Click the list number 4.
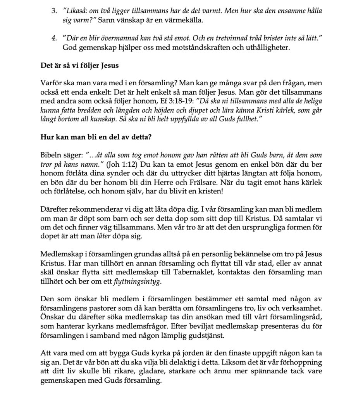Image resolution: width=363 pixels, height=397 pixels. coord(54,39)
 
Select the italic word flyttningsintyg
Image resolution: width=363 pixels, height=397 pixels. coord(139,281)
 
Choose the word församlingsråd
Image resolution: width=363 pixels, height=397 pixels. coord(298,317)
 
